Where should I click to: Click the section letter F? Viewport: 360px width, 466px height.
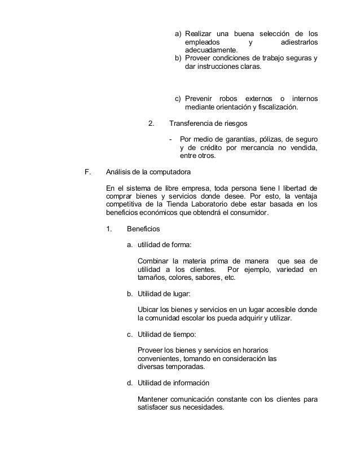tap(86, 172)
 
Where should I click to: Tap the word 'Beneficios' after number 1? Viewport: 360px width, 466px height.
tap(144, 230)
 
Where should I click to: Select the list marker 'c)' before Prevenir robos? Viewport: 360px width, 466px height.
tap(178, 99)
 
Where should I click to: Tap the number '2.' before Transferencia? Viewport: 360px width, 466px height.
tap(151, 124)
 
